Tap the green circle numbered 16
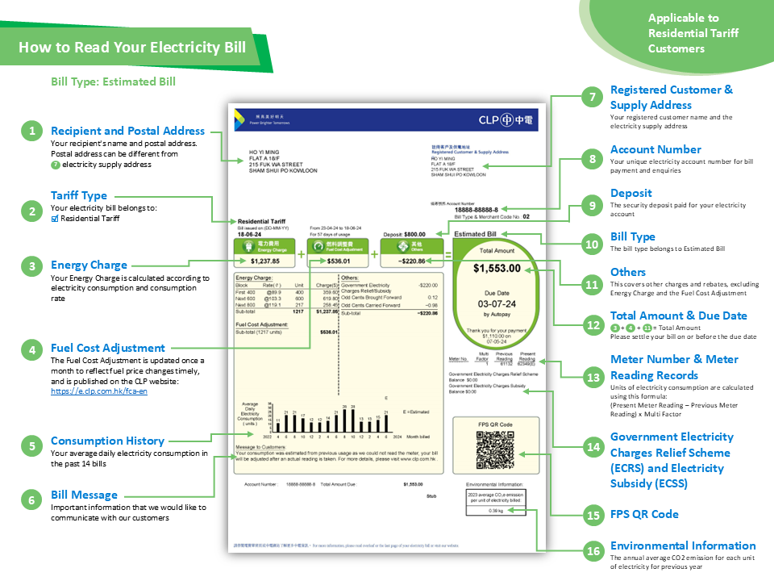pyautogui.click(x=593, y=551)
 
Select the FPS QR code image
pyautogui.click(x=494, y=449)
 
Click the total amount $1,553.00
pyautogui.click(x=497, y=268)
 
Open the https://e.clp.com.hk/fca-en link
pyautogui.click(x=98, y=391)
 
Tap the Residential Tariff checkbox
pyautogui.click(x=55, y=218)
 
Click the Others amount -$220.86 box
pyautogui.click(x=413, y=261)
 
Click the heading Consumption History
pyautogui.click(x=107, y=441)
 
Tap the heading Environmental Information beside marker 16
pyautogui.click(x=682, y=545)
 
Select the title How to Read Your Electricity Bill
pyautogui.click(x=132, y=47)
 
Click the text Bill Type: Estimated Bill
pyautogui.click(x=113, y=82)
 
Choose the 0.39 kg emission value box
pyautogui.click(x=496, y=510)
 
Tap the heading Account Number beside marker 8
pyautogui.click(x=655, y=149)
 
